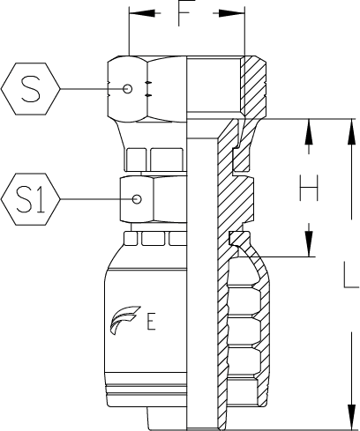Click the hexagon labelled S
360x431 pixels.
pyautogui.click(x=31, y=88)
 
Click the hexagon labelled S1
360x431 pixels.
pyautogui.click(x=31, y=199)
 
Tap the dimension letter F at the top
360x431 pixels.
pyautogui.click(x=187, y=13)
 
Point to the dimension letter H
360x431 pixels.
pyautogui.click(x=309, y=188)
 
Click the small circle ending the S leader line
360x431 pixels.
pyautogui.click(x=127, y=88)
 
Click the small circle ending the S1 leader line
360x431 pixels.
pyautogui.click(x=137, y=199)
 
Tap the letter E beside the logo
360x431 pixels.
pyautogui.click(x=151, y=322)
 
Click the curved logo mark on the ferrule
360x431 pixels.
pyautogui.click(x=124, y=320)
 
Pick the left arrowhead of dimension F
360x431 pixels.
pyautogui.click(x=142, y=13)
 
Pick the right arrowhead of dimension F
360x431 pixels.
pyautogui.click(x=231, y=13)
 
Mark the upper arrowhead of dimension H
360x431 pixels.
pyautogui.click(x=309, y=131)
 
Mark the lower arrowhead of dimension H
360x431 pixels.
pyautogui.click(x=309, y=243)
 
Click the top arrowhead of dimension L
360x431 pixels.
pyautogui.click(x=351, y=131)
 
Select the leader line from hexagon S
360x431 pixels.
pyautogui.click(x=92, y=88)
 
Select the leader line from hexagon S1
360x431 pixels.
pyautogui.click(x=96, y=199)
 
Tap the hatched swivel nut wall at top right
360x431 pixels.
pyautogui.click(x=253, y=87)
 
